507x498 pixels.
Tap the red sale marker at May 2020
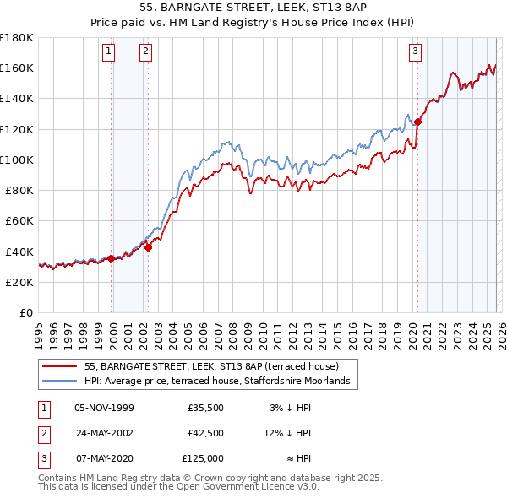(x=417, y=122)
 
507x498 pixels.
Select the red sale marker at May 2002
(x=148, y=247)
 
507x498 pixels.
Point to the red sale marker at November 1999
(x=112, y=258)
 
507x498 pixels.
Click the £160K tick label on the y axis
(x=16, y=68)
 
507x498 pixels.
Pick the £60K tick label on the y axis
(x=19, y=220)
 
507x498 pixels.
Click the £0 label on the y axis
(x=25, y=312)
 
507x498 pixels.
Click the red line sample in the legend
(x=60, y=367)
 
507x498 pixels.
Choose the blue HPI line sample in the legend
(x=60, y=382)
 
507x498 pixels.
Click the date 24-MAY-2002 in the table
(x=104, y=433)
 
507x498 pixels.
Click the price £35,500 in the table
(x=206, y=408)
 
